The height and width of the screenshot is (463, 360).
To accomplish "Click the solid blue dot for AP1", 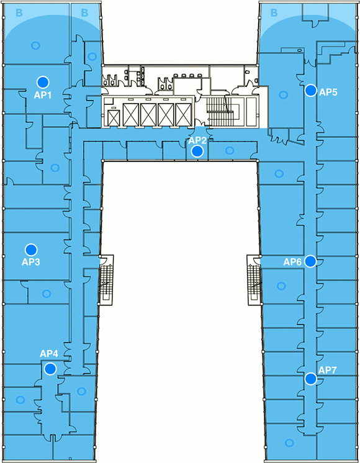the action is coord(43,82).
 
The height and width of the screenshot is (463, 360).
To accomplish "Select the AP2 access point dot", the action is coord(197,151).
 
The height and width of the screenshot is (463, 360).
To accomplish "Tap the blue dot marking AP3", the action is coord(30,249).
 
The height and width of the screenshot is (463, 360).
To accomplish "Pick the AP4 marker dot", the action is coord(50,369).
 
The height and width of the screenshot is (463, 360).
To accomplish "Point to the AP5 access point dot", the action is coord(311,91).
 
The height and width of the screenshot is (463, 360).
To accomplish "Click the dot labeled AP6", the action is coord(310,261).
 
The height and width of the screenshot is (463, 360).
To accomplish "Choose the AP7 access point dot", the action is coord(311,379).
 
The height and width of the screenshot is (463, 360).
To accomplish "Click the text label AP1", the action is coord(43,95).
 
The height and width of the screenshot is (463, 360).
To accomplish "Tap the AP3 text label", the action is coord(30,262).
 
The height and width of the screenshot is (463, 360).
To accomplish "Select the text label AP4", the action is coord(49,353).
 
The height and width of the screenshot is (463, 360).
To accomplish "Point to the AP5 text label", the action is coord(328,92).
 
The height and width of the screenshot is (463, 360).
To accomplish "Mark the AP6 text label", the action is coord(292,262).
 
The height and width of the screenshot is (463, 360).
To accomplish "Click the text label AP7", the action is coord(328,371).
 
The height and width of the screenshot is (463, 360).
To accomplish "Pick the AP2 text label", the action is coord(197,140).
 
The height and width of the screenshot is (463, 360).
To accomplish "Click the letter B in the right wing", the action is coord(274,12).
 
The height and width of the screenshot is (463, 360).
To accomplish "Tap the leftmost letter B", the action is coord(19,12).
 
